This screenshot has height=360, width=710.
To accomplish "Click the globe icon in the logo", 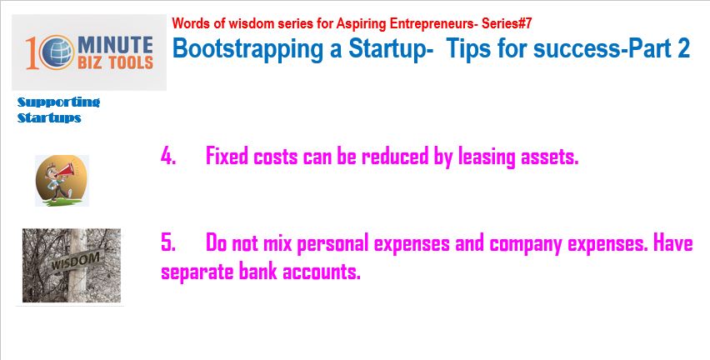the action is (57, 52).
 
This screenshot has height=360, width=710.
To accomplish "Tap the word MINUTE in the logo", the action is (116, 45).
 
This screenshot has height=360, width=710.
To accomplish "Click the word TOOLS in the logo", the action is (128, 62).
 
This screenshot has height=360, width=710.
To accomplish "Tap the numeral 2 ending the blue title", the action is (683, 47).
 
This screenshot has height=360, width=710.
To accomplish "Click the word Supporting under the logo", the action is (58, 102).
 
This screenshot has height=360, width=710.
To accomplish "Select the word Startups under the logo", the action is (49, 117).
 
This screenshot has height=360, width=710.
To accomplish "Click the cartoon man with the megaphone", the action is (62, 181).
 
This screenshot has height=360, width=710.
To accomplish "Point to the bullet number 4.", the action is (168, 156).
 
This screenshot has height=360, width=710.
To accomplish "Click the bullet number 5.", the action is (168, 242).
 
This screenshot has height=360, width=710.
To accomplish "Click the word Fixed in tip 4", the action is (227, 156).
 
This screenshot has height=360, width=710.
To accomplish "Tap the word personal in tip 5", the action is (332, 244).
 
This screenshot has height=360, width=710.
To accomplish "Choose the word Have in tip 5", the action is (673, 242).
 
